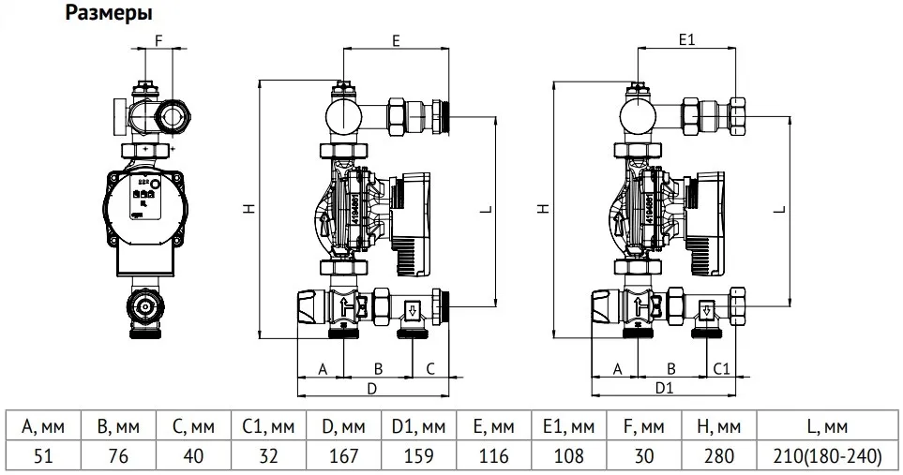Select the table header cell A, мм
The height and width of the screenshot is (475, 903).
[42, 428]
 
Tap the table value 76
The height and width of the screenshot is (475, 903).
[118, 457]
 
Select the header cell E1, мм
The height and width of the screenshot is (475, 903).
[568, 428]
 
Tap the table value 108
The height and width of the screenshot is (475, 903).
[568, 457]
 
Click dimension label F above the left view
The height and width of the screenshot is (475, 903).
[158, 41]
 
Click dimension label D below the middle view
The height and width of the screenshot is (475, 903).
[371, 387]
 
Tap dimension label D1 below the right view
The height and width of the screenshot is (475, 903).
[665, 387]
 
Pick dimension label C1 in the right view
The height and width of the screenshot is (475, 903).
[722, 368]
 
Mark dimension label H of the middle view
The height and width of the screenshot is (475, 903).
[248, 211]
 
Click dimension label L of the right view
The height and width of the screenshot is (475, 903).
[780, 211]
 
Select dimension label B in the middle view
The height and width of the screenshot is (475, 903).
[379, 368]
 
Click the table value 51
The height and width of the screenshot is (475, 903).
[42, 457]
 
